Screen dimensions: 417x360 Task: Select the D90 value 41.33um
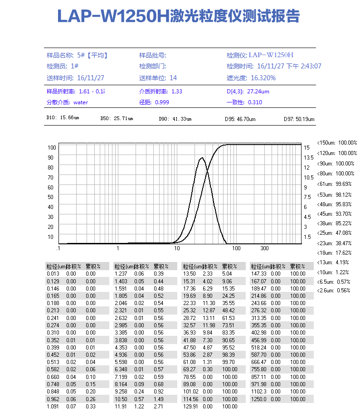[181, 119]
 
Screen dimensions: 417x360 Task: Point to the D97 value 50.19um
[305, 119]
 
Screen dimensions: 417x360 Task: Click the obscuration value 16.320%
[263, 78]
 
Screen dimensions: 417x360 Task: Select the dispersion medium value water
[80, 102]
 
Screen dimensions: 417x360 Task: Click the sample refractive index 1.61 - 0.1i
[92, 92]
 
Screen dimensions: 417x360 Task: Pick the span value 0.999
[162, 102]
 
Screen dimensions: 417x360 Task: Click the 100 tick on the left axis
[51, 147]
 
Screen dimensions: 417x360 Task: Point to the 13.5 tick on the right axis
[308, 158]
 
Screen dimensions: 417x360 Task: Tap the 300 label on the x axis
[264, 248]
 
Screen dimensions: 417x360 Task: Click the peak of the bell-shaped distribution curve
[202, 158]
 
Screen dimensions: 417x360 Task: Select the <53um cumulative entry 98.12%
[343, 194]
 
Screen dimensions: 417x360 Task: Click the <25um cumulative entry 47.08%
[343, 233]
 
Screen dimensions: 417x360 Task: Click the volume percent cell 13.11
[208, 318]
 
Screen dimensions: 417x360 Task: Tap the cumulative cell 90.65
[229, 340]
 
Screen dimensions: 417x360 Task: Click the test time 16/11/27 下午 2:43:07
[289, 66]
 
